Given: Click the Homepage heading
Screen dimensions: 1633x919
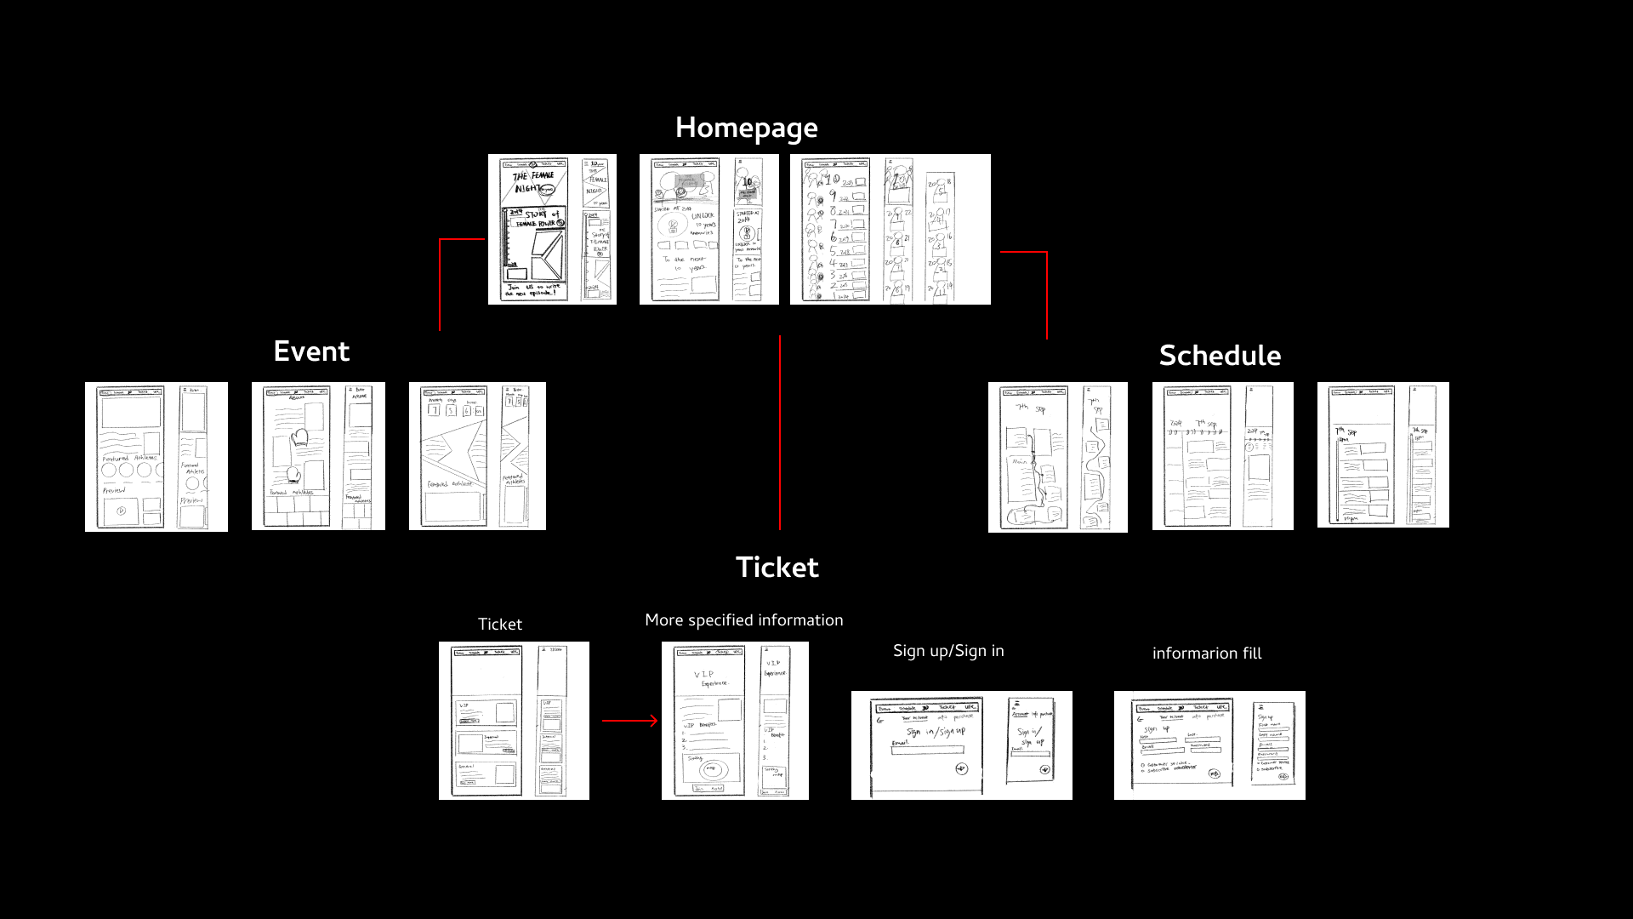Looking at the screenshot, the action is (746, 128).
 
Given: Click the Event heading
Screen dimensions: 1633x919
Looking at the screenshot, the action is (311, 351).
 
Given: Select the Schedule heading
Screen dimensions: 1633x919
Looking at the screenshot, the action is (1220, 356).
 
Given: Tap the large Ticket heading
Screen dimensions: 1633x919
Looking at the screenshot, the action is (777, 568).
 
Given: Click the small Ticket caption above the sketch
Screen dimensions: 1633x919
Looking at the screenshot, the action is (500, 625).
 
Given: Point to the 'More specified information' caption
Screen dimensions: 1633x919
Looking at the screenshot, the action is (744, 620).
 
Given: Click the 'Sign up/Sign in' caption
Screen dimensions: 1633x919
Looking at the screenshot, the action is (948, 651).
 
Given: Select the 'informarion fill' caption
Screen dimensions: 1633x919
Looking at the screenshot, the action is (1207, 654).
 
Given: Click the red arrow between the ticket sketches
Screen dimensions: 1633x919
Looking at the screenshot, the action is (629, 721).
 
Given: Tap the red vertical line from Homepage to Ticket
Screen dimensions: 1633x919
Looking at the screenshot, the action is (780, 434).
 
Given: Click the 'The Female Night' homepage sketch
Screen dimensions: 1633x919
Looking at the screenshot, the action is (552, 229).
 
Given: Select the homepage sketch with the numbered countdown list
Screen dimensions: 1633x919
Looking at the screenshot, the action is (890, 229).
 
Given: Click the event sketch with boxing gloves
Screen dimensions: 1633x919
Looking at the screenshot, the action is (318, 456).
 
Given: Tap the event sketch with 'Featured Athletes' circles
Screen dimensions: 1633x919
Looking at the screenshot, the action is (156, 457).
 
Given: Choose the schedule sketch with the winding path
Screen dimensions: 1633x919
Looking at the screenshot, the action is (1057, 457).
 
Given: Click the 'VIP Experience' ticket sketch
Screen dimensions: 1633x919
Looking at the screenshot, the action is (735, 721).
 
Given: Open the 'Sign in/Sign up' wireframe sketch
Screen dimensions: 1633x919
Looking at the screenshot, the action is (961, 745).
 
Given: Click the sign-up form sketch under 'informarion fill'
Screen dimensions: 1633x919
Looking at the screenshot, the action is (1209, 745).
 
